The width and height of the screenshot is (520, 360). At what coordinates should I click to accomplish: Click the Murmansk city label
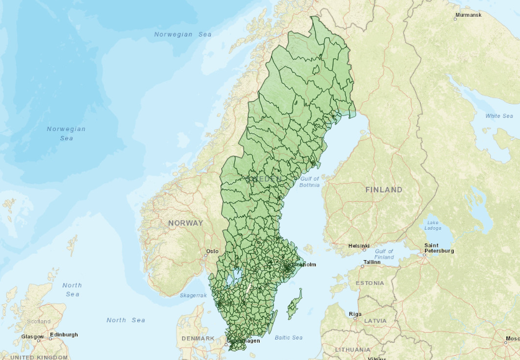(468, 14)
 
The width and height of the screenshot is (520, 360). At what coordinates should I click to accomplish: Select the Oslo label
(212, 251)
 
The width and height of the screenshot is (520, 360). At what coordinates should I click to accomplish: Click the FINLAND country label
(383, 189)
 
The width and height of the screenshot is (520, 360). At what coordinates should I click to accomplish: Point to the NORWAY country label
(185, 223)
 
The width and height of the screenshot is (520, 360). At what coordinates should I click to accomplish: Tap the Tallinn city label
(372, 262)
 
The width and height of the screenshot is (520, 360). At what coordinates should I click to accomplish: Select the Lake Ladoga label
(432, 225)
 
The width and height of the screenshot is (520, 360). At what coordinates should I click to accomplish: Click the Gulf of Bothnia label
(309, 182)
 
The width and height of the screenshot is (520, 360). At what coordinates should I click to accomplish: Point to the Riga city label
(355, 314)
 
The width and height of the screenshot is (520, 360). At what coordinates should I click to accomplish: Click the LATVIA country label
(375, 321)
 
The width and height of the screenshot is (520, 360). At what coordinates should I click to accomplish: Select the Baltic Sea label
(288, 337)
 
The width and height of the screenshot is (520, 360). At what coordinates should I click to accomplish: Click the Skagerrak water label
(193, 295)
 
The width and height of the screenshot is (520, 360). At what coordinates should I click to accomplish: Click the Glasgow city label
(32, 337)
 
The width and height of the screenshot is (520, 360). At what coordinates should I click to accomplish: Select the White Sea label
(499, 116)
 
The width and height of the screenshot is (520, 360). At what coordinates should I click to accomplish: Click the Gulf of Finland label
(384, 254)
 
